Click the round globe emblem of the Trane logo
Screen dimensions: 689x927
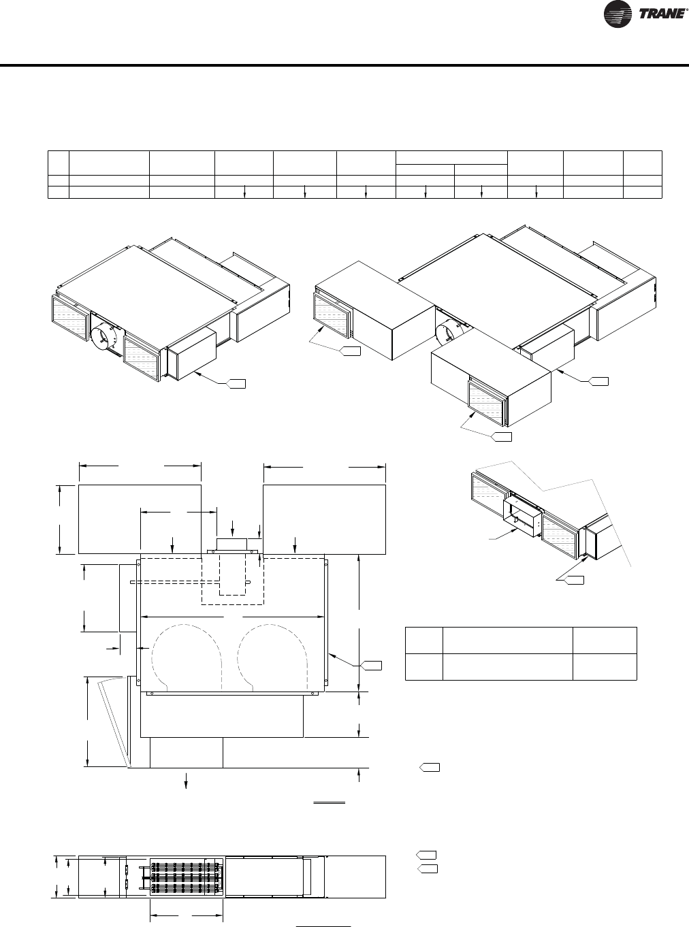(x=617, y=14)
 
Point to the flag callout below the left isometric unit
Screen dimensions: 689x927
(x=236, y=384)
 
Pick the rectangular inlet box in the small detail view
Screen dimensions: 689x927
(x=522, y=519)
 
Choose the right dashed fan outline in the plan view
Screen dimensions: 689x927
(x=273, y=658)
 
